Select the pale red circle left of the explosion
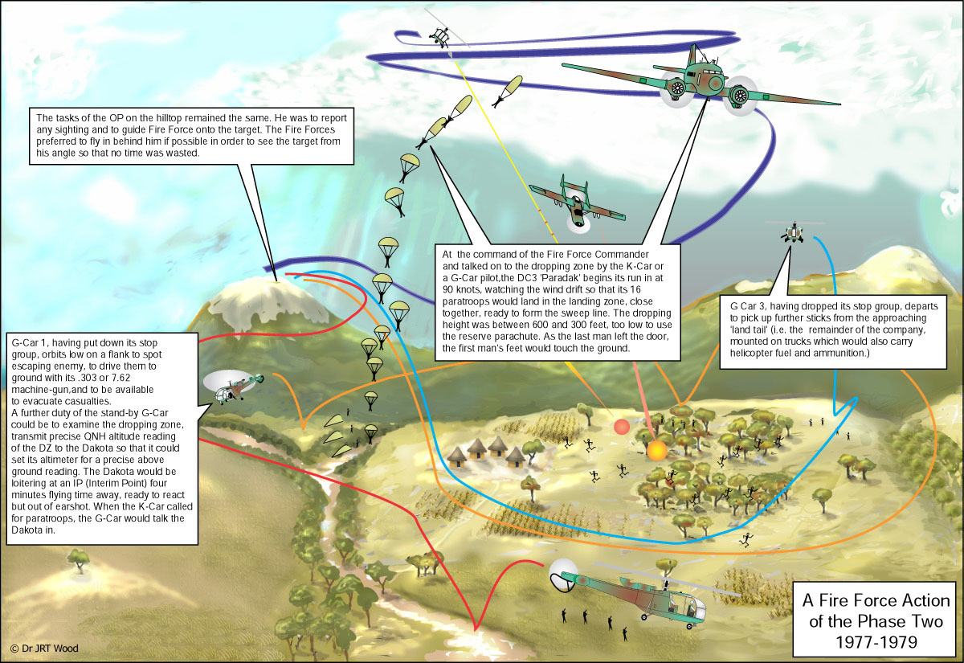(x=621, y=427)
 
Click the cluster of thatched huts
(x=484, y=452)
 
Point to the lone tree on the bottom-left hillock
(x=78, y=559)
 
